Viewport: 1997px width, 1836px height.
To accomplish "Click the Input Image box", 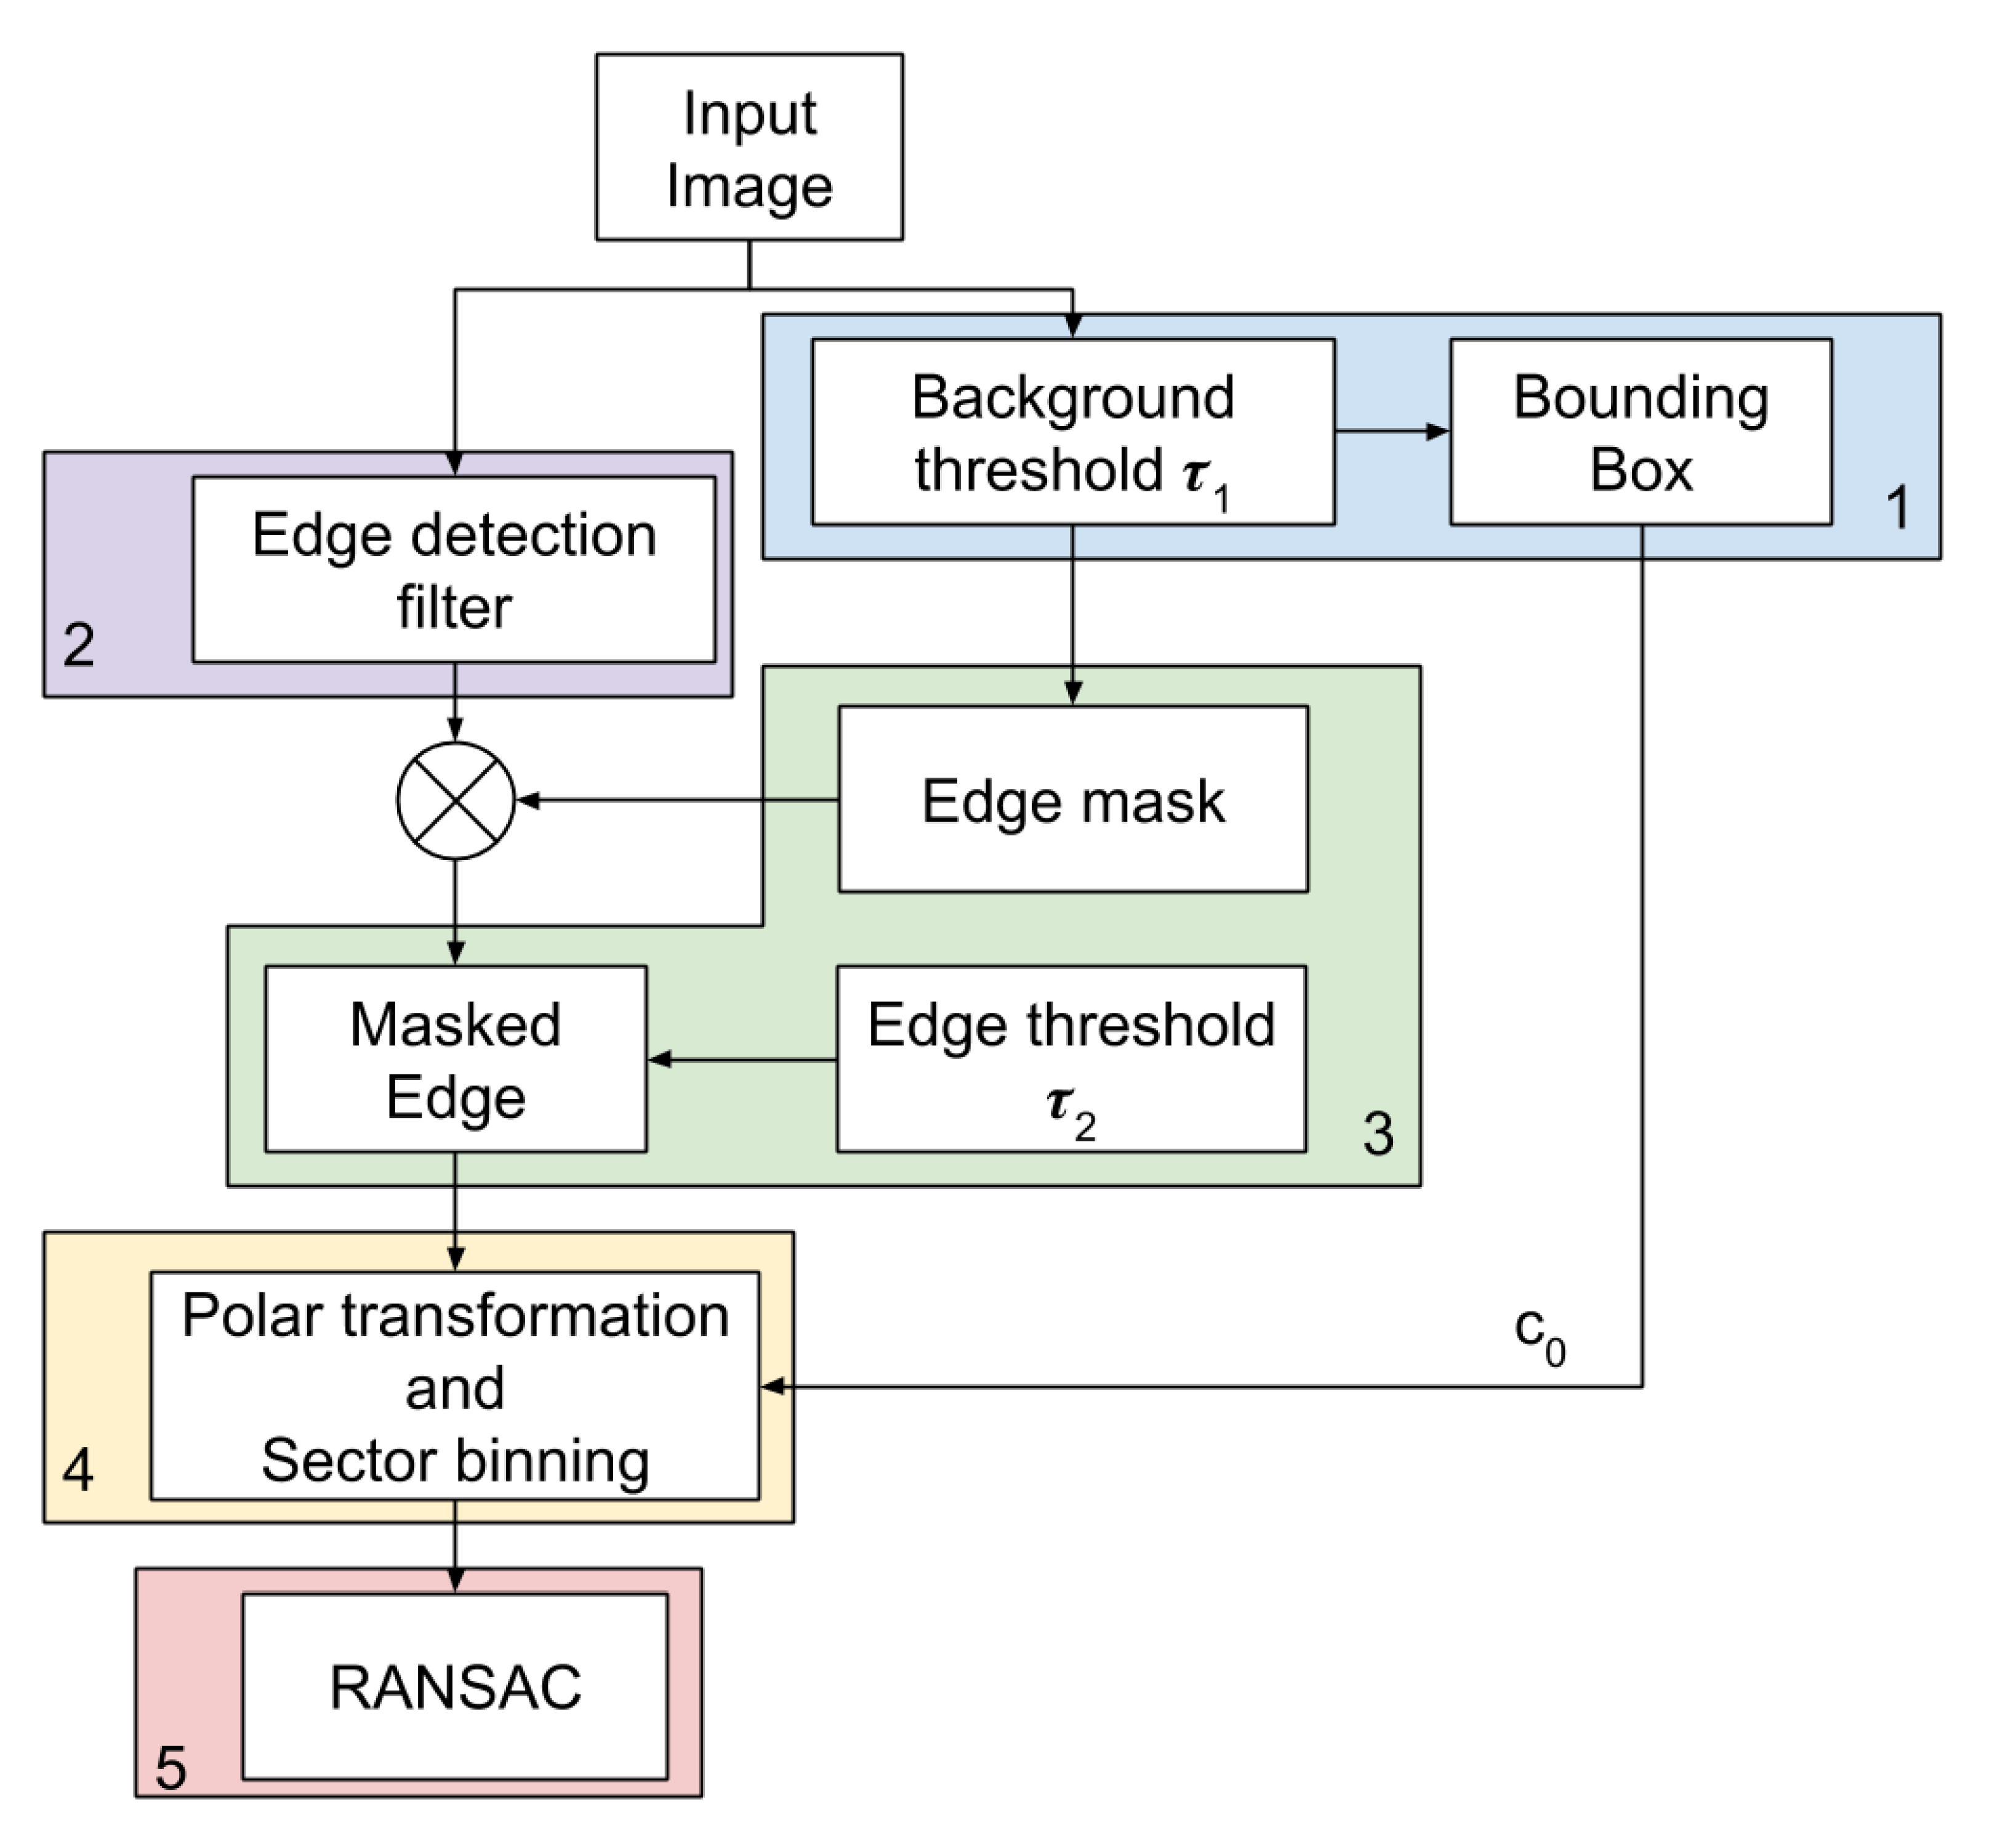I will tap(749, 147).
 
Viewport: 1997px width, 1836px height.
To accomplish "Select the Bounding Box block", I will tap(1641, 432).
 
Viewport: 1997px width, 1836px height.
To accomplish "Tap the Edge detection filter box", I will tap(454, 570).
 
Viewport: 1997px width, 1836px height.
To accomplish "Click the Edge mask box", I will tap(1073, 800).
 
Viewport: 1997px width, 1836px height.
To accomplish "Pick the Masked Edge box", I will tap(455, 1059).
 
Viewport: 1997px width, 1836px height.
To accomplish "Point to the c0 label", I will tap(1538, 1334).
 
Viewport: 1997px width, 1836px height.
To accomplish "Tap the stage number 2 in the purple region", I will tap(79, 644).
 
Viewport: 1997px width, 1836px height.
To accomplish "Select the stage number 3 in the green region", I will tap(1378, 1133).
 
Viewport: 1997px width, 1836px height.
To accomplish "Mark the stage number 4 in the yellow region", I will tap(79, 1470).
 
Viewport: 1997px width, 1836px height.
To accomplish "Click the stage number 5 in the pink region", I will tap(171, 1768).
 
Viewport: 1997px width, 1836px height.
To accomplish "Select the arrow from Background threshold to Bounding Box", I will tap(1391, 431).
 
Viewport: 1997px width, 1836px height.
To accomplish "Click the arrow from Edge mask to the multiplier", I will tap(675, 800).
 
